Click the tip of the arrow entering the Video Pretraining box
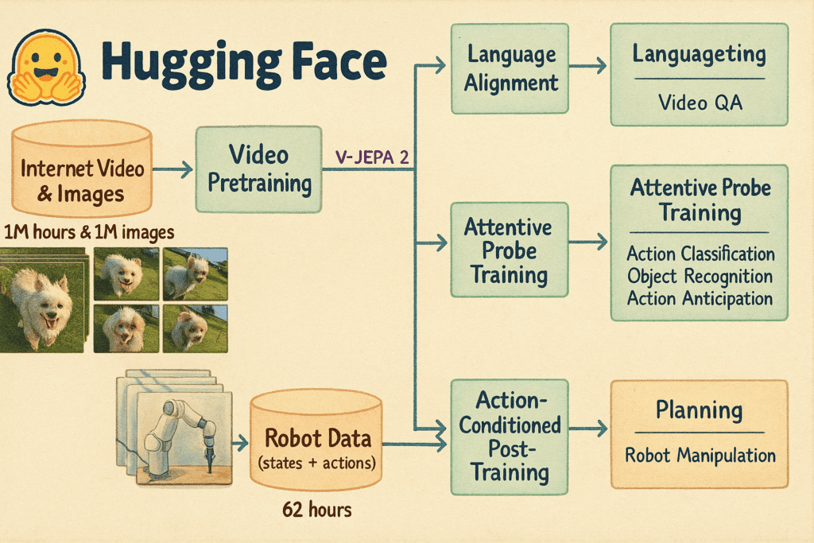click(x=192, y=169)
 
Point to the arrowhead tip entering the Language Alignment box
click(x=445, y=65)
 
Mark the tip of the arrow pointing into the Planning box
click(x=607, y=429)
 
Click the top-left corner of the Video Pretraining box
click(x=196, y=127)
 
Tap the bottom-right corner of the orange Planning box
click(x=788, y=488)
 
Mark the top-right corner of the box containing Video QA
click(x=788, y=24)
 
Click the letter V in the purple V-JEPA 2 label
click(x=341, y=157)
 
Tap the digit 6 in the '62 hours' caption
click(x=287, y=510)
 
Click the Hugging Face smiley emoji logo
click(x=45, y=67)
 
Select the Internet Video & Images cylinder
click(x=82, y=169)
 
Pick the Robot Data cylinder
click(x=316, y=440)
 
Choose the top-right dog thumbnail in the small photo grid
click(x=196, y=274)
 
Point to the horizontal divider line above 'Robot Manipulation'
click(x=700, y=432)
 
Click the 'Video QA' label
click(x=700, y=103)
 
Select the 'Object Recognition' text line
click(x=700, y=276)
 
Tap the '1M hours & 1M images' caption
click(x=89, y=232)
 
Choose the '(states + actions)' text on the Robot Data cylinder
click(x=316, y=463)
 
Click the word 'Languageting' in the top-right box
click(x=700, y=55)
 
